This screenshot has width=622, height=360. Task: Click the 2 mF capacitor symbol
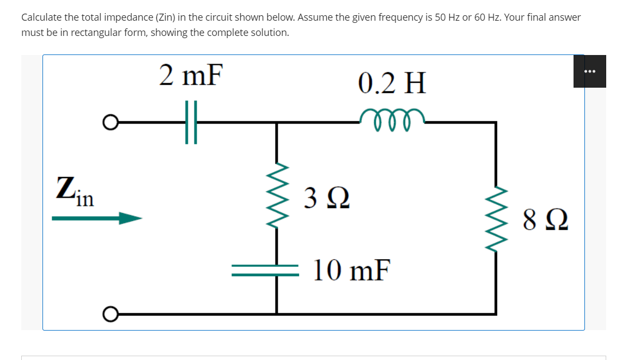[191, 122]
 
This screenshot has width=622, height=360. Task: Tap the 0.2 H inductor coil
[392, 117]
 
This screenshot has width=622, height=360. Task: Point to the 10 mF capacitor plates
[265, 270]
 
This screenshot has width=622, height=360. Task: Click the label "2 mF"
[191, 75]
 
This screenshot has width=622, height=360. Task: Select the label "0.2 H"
[392, 83]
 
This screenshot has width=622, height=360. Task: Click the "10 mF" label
[352, 270]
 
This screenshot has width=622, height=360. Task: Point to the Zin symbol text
[75, 192]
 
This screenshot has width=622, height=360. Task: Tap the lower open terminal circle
[109, 314]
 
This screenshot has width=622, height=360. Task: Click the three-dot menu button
[589, 71]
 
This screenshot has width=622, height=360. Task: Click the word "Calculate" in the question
[41, 17]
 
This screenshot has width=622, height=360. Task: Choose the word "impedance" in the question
[122, 17]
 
